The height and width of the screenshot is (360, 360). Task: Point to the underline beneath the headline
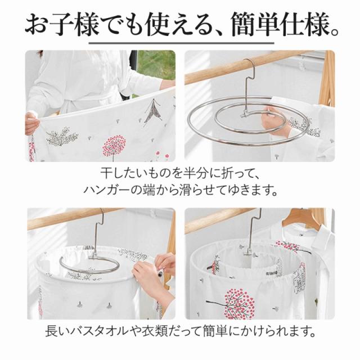coord(181,43)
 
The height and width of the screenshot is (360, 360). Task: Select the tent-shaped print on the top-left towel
coord(153,111)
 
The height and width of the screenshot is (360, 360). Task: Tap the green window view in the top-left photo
coord(156,64)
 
